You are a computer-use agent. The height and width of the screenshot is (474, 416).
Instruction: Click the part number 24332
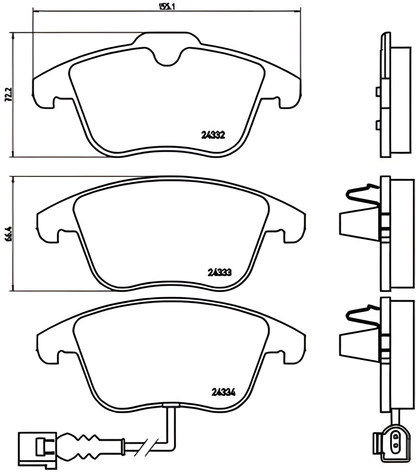pos(213,135)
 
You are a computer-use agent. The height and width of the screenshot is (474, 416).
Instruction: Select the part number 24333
pos(219,272)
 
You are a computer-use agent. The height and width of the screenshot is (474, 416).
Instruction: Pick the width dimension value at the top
pos(167,6)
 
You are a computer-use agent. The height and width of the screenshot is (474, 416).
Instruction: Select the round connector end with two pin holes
pos(395,441)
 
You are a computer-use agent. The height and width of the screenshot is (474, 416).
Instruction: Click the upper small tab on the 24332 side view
pos(378,91)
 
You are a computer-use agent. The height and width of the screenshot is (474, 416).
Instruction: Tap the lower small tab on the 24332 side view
pos(378,125)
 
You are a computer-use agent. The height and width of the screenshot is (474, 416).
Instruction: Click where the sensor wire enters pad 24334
pos(170,405)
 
